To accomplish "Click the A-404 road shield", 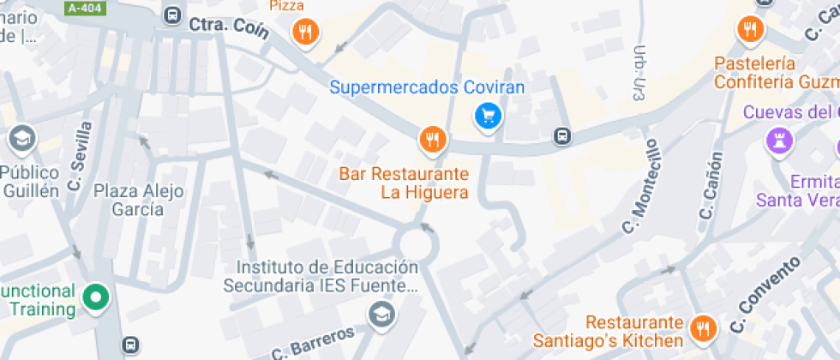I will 83,8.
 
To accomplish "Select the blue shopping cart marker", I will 488,115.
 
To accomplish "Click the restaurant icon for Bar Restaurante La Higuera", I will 433,139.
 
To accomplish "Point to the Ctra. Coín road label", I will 229,28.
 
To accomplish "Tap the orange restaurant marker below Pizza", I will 305,33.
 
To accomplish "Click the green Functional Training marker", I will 96,298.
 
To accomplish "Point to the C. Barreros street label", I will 312,343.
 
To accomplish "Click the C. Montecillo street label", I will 638,186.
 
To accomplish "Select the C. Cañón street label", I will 711,185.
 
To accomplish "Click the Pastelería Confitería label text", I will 768,73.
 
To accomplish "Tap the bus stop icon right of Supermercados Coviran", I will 561,136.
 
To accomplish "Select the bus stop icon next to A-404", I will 172,15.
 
